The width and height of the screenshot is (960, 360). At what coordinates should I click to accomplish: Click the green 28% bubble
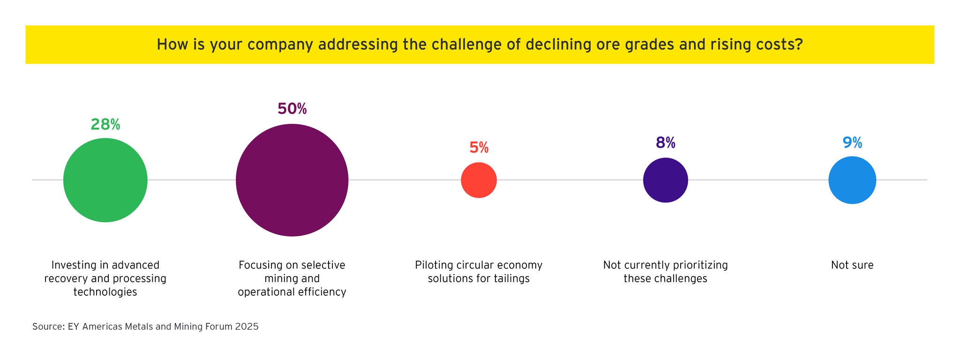(x=105, y=180)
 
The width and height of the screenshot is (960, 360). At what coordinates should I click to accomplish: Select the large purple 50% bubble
(x=292, y=180)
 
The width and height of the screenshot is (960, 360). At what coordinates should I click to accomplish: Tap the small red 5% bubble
(x=479, y=180)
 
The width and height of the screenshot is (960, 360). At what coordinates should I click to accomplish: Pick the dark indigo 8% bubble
(x=666, y=180)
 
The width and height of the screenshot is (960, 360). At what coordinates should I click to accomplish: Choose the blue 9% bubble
(x=852, y=180)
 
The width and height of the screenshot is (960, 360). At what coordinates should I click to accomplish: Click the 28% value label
(x=105, y=124)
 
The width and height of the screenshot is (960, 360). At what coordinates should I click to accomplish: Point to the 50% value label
(x=292, y=109)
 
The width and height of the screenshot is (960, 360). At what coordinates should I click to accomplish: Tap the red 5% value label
(x=479, y=148)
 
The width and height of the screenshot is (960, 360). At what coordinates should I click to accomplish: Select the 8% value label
(x=666, y=142)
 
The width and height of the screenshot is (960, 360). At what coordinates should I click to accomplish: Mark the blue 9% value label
(x=852, y=142)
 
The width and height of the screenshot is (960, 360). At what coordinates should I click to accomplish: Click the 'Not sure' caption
(x=852, y=265)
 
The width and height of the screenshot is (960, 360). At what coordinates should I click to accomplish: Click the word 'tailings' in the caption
(x=512, y=279)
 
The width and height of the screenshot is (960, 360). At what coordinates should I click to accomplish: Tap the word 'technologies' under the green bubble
(x=105, y=292)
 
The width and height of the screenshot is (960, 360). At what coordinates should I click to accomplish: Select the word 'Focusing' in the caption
(x=259, y=265)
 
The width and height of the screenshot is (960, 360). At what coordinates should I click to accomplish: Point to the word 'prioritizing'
(x=700, y=265)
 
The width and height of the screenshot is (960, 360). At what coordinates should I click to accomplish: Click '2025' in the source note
(x=247, y=327)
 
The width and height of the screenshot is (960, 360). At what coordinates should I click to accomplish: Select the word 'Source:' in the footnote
(x=48, y=327)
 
